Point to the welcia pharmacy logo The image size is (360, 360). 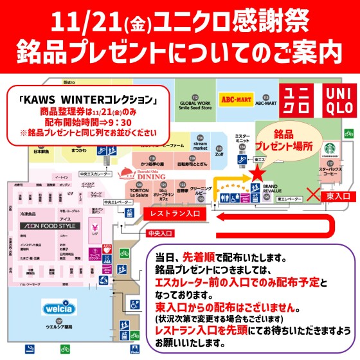click(60, 305)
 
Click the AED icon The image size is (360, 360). click(107, 246)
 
